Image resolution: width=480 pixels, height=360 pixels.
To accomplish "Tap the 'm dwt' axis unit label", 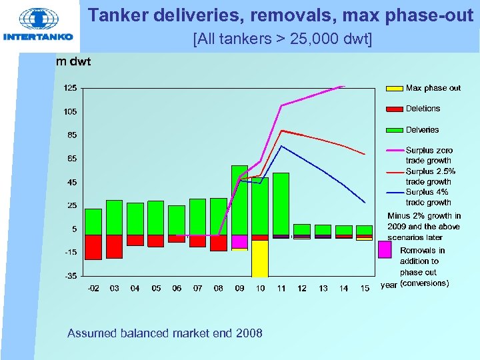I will click(73, 62).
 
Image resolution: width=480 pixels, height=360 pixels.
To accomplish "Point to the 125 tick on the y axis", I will click(70, 88).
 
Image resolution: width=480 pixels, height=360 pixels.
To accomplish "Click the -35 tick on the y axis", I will click(70, 275).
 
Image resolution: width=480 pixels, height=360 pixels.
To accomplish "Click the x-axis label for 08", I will click(218, 288).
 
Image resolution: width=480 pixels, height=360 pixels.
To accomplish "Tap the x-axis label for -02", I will click(93, 288).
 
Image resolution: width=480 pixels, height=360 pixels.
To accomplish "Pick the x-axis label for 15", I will click(364, 288).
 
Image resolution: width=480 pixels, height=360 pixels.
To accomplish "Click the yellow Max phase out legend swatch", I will click(395, 88).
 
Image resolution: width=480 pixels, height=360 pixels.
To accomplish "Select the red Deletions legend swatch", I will click(395, 109).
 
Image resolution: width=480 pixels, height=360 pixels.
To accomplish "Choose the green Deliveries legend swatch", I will click(395, 129).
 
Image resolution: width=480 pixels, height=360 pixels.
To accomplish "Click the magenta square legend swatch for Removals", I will click(385, 249).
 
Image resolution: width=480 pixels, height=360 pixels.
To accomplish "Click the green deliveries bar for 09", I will click(239, 200).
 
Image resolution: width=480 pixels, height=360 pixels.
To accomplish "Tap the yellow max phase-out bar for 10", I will click(260, 258).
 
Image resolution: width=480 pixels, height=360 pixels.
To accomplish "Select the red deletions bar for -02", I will click(93, 247).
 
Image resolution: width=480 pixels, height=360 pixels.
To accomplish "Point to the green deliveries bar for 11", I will click(281, 203).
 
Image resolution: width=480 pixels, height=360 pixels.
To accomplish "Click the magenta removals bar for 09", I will click(239, 241).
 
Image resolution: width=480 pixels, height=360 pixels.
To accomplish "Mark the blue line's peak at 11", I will click(281, 146).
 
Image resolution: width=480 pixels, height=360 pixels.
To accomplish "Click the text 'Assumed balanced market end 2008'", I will click(165, 333).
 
